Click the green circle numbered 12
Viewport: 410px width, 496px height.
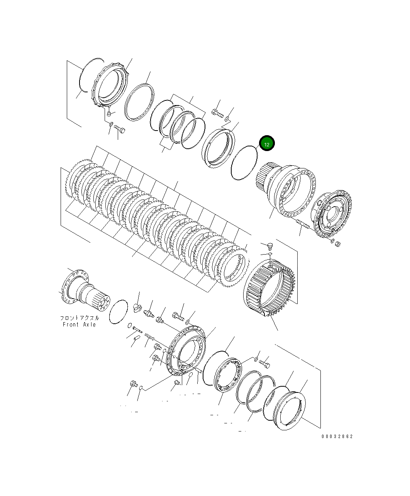[267, 144]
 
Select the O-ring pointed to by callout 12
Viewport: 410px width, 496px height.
[244, 163]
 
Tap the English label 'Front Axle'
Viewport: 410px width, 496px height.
[79, 324]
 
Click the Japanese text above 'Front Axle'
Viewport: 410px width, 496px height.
[79, 318]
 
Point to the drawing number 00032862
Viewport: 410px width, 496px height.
[337, 437]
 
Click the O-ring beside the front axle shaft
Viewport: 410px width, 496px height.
[118, 311]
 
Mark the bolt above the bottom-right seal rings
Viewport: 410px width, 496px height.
[264, 364]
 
